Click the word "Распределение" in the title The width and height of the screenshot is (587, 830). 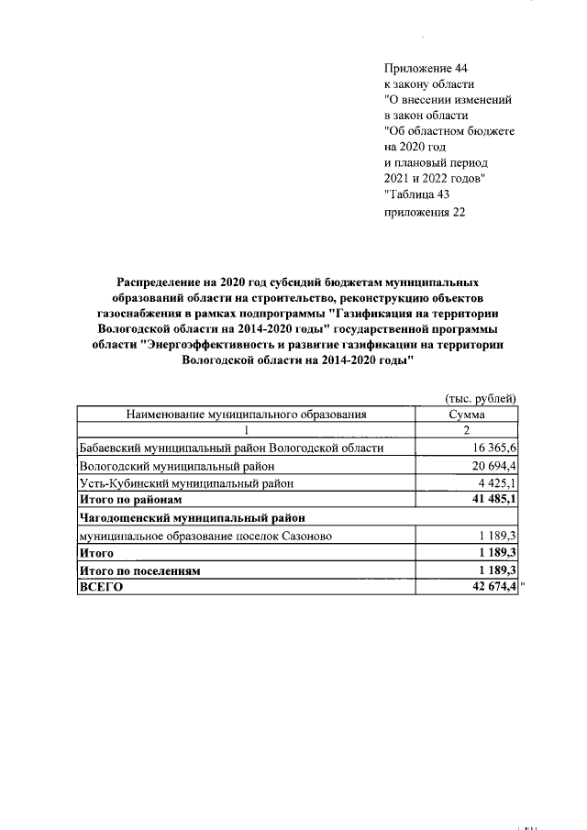(161, 282)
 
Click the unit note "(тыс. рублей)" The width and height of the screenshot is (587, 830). (481, 397)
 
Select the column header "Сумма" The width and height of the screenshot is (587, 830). (467, 415)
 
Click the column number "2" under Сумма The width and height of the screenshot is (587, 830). (467, 431)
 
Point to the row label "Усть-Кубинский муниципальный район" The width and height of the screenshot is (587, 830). (187, 482)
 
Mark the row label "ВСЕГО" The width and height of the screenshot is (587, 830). (102, 588)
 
